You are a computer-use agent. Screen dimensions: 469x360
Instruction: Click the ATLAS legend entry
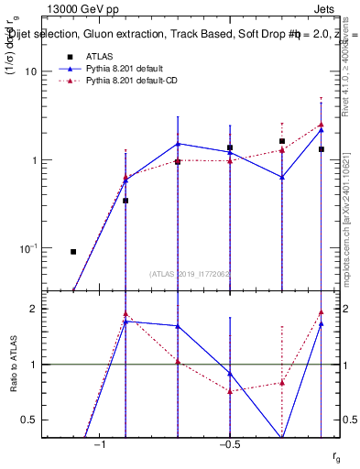point(98,57)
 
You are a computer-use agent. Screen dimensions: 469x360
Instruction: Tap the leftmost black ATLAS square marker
point(73,251)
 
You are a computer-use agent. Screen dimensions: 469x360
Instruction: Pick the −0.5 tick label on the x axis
point(229,443)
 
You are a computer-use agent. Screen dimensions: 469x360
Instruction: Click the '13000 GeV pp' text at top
point(77,7)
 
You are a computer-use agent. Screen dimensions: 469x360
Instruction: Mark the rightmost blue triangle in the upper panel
point(322,129)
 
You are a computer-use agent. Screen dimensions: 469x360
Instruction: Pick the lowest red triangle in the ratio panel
point(230,391)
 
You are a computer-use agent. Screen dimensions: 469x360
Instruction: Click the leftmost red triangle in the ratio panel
point(125,313)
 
